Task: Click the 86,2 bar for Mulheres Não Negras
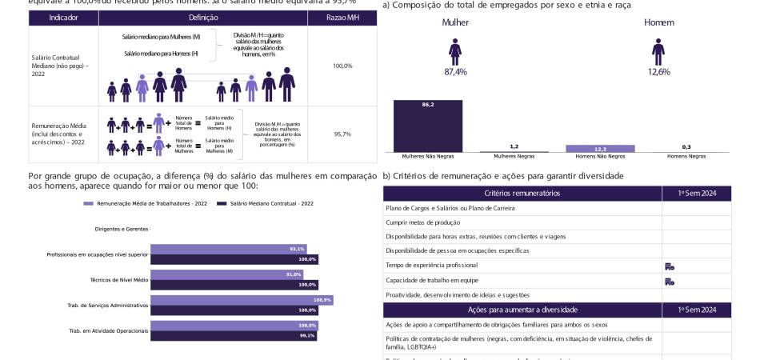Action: [x=428, y=126]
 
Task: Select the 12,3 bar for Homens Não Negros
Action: [x=600, y=149]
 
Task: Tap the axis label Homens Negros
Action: [x=686, y=157]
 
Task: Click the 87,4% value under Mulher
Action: [x=455, y=72]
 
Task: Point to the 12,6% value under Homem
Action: [x=658, y=72]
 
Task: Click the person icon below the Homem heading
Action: [x=658, y=52]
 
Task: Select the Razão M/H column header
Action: [x=342, y=17]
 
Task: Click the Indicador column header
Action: [x=63, y=17]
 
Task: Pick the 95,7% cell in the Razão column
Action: [x=342, y=134]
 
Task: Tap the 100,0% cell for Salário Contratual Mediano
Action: [x=342, y=66]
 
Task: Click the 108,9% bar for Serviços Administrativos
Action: [x=241, y=300]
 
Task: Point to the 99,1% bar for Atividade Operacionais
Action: [x=234, y=335]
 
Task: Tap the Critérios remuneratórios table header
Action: [x=522, y=194]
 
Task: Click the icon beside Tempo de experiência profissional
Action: [x=670, y=266]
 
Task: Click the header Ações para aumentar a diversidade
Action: [x=522, y=310]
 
